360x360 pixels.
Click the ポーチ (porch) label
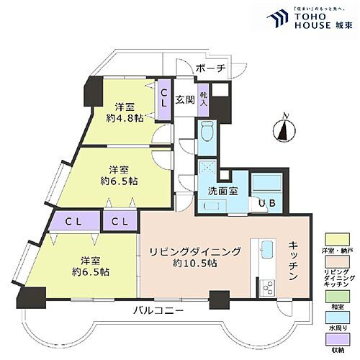[211, 68]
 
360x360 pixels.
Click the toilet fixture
[207, 131]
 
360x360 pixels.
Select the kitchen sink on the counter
[265, 249]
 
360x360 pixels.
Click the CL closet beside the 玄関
[164, 98]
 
